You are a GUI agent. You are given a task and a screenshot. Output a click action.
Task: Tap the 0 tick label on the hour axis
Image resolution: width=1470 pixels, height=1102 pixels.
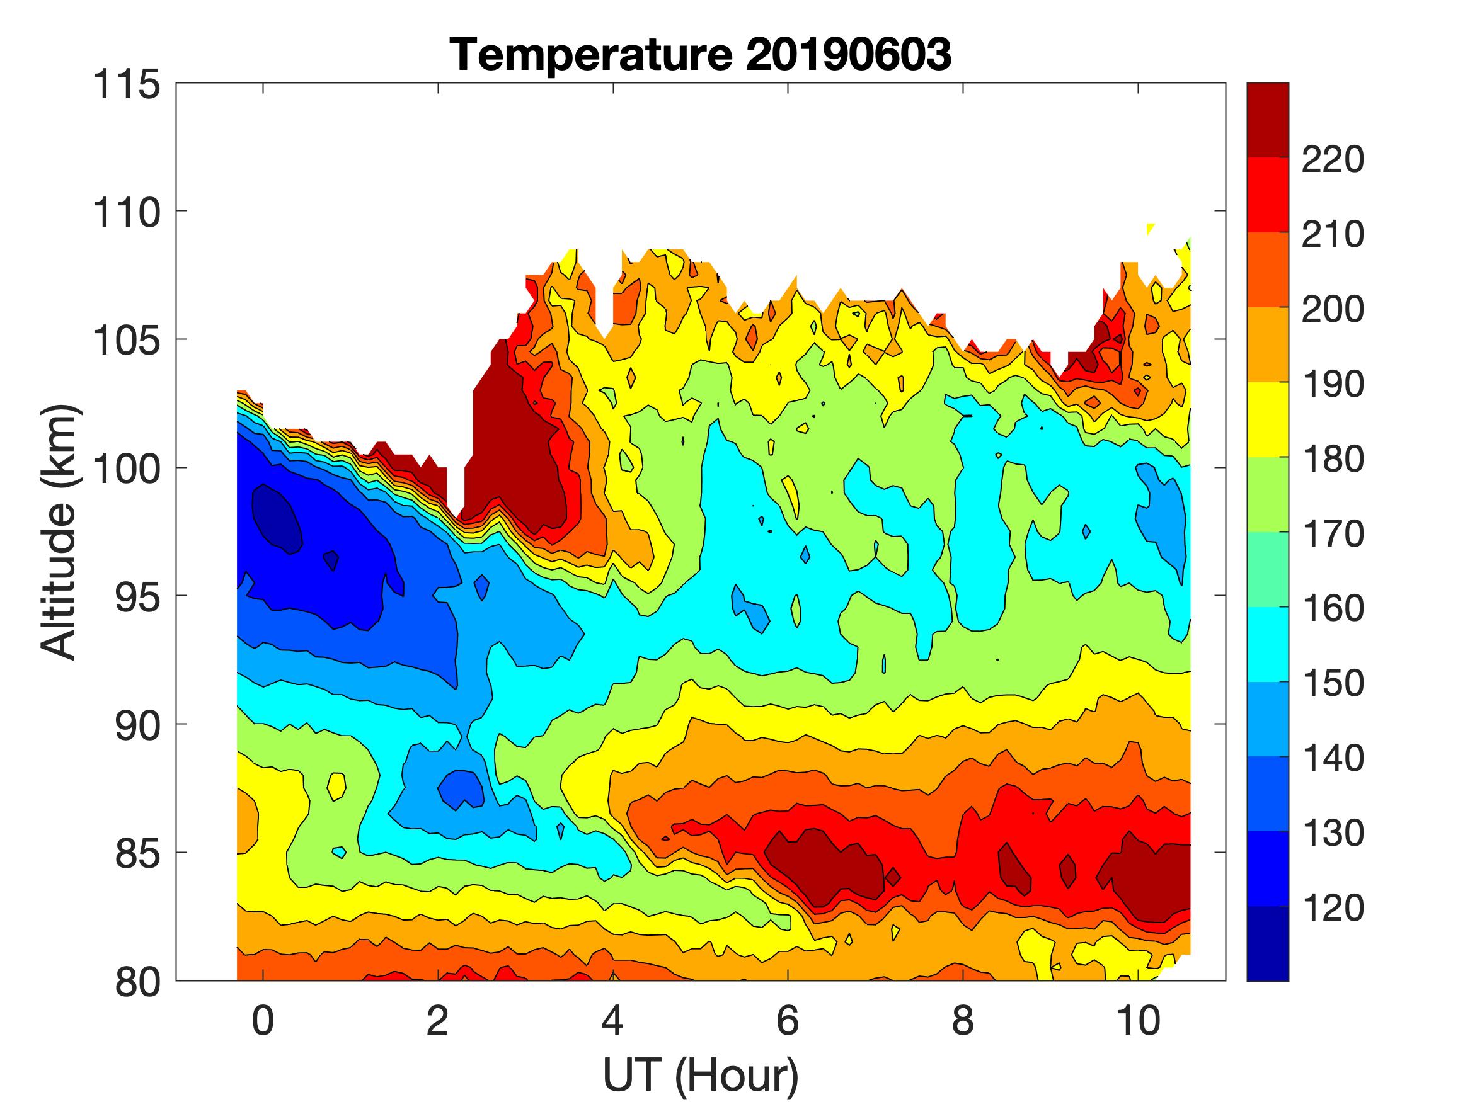[x=263, y=1021]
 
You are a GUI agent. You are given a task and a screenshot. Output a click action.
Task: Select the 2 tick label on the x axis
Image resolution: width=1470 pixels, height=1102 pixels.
[x=437, y=1021]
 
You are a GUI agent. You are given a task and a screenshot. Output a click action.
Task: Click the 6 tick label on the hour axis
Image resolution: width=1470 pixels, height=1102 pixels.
[x=788, y=1021]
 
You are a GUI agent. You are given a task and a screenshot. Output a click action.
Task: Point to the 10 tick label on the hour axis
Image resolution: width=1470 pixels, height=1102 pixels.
[x=1138, y=1021]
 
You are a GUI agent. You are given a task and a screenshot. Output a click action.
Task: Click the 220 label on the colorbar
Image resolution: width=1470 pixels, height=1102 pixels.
[x=1332, y=159]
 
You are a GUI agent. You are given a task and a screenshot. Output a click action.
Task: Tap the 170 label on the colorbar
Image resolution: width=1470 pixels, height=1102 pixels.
[x=1332, y=533]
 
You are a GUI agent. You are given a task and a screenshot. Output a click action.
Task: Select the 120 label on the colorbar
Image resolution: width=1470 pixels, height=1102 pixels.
[x=1332, y=907]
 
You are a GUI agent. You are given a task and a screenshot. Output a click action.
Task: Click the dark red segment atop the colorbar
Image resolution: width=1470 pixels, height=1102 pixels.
[x=1267, y=120]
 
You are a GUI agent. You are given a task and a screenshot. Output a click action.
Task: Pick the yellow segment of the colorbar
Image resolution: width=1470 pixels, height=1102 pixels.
[x=1267, y=420]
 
